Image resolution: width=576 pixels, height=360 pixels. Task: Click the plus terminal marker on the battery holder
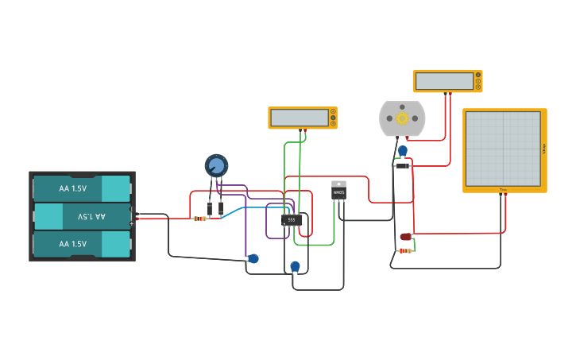tap(132, 223)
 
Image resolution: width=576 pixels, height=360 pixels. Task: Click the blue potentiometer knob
tap(216, 165)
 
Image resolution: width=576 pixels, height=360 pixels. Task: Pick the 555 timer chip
tap(292, 219)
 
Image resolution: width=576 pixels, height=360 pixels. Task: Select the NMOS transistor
tap(338, 190)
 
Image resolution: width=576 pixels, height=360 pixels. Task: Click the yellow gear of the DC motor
tap(402, 118)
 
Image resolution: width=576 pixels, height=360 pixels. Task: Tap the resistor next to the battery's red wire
tap(199, 219)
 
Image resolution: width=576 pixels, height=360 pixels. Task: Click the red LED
tap(406, 237)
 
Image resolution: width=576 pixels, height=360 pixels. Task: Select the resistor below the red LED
tap(404, 251)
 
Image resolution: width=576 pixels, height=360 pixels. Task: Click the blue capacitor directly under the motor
tap(403, 150)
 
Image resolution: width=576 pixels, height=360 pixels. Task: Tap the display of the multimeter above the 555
tap(300, 118)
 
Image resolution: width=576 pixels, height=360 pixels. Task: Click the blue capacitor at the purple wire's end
tap(253, 258)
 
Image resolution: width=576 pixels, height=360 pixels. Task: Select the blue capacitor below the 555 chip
tap(296, 266)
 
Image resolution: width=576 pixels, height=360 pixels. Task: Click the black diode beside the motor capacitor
tap(403, 165)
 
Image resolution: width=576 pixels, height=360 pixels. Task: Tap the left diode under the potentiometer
tap(209, 209)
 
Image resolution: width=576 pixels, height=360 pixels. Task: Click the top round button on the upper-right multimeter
tap(478, 75)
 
